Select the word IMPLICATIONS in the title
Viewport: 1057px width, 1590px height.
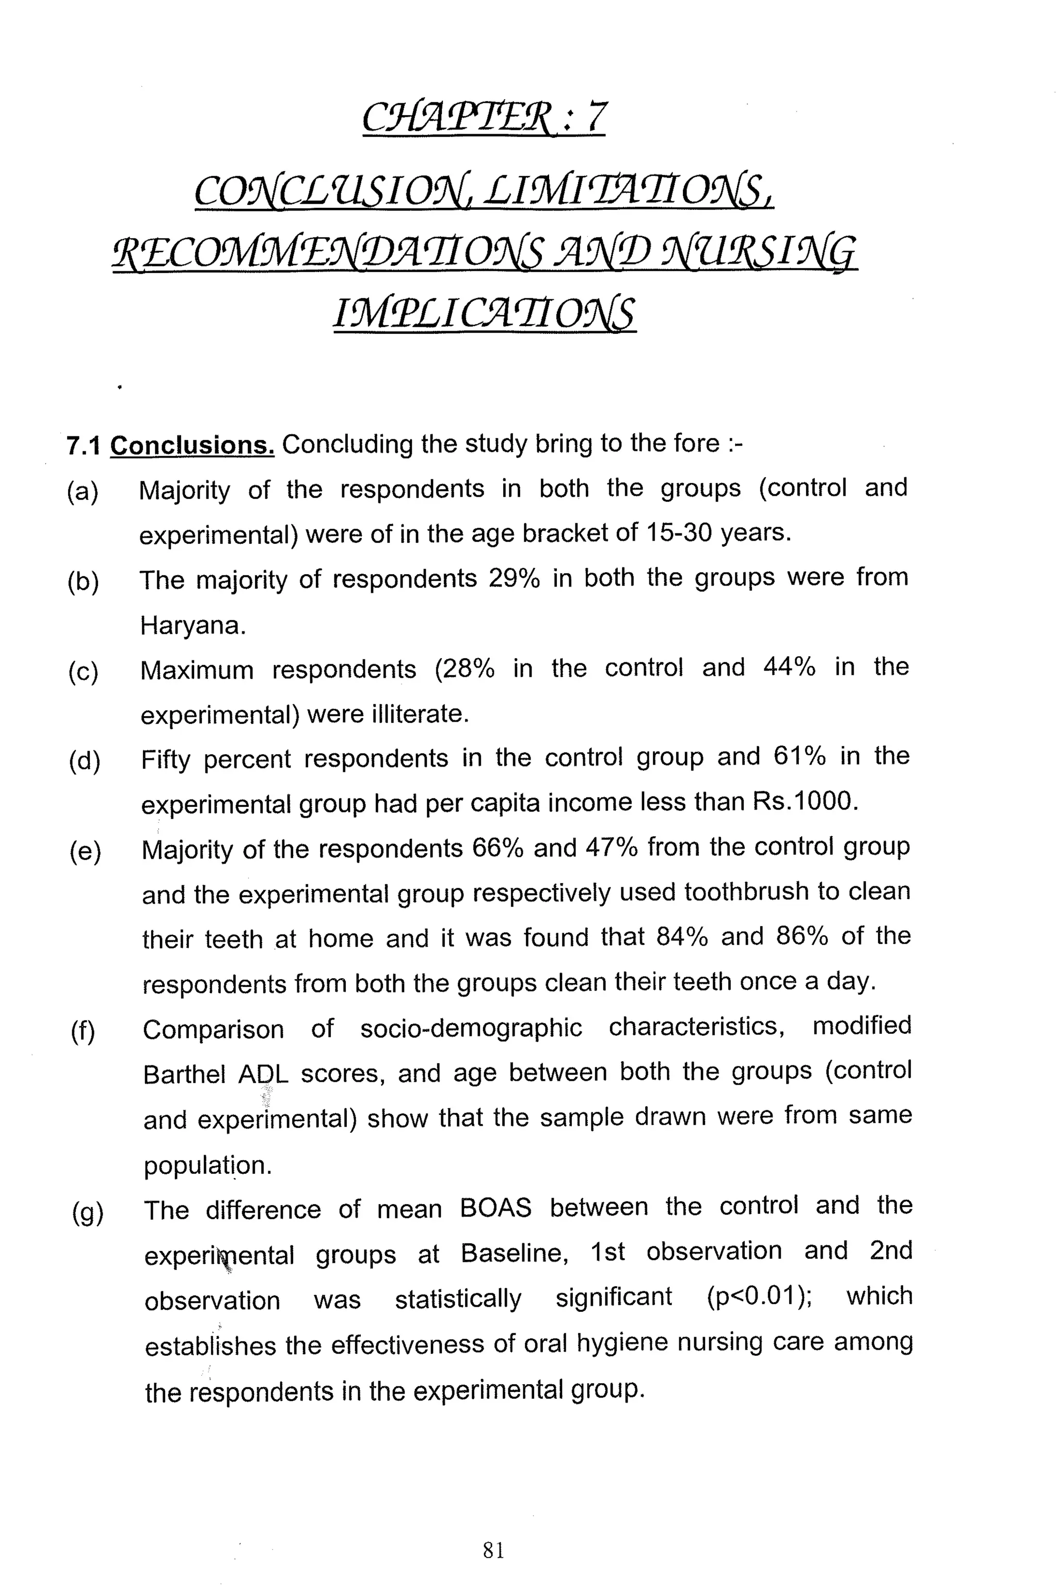pos(484,313)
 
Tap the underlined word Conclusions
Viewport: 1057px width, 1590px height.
pos(192,445)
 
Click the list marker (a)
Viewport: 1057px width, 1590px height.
pos(83,492)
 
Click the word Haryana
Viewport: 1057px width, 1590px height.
pos(192,626)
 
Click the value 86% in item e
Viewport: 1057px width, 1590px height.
pos(802,936)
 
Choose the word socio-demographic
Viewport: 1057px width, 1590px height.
pos(471,1028)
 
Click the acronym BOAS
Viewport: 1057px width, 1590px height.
pos(495,1208)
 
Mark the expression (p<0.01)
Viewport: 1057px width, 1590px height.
pos(758,1297)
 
